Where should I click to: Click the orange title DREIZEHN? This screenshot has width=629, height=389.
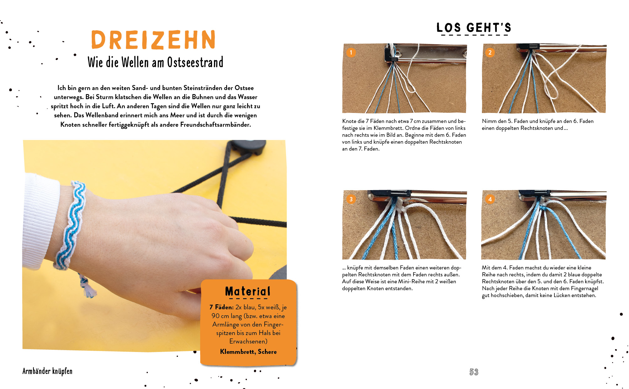[153, 40]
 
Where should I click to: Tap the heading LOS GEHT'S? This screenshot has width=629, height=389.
[474, 28]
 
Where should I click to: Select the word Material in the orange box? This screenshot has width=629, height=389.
[248, 291]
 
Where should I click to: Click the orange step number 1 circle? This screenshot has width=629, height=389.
[351, 52]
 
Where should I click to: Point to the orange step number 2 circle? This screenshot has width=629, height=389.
[490, 52]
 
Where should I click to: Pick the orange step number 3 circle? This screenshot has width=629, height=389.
[351, 199]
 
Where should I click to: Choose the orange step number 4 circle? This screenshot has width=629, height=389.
[490, 199]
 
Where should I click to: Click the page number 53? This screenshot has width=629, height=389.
[474, 372]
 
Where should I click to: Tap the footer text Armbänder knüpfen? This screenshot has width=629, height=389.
[47, 371]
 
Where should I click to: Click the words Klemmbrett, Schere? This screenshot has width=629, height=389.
[248, 352]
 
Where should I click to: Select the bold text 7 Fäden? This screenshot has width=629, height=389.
[221, 307]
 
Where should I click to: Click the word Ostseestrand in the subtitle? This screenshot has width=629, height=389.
[195, 62]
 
